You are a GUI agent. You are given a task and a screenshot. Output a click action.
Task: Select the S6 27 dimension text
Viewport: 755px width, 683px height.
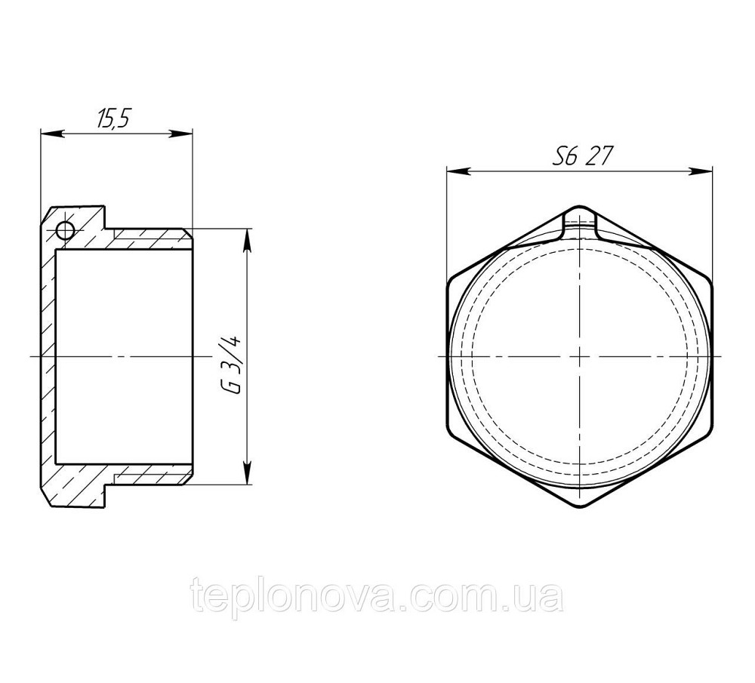581,157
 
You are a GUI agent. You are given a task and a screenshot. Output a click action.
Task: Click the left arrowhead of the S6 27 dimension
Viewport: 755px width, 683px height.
452,171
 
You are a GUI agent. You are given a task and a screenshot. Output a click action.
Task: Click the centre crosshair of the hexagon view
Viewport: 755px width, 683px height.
580,355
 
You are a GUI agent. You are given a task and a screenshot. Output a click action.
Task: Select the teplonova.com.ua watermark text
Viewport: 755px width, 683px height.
377,596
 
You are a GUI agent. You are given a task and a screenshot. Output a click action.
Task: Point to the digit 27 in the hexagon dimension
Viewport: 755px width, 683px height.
600,157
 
